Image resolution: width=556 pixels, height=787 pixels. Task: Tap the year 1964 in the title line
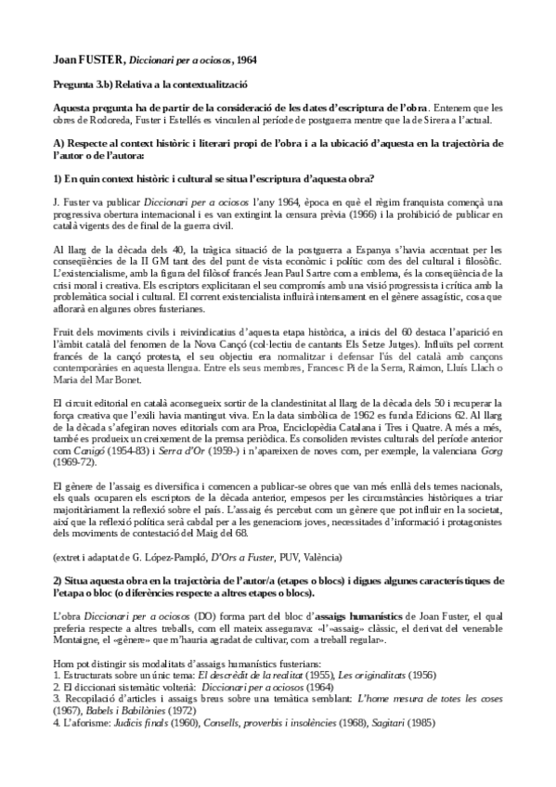(245, 59)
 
